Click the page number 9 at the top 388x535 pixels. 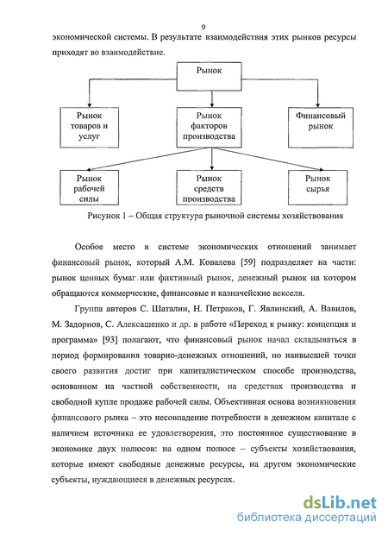[203, 27]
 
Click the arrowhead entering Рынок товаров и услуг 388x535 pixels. [90, 105]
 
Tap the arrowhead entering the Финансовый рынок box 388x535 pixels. [318, 105]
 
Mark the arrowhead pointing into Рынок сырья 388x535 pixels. [320, 169]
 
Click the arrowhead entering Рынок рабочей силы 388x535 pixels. [88, 169]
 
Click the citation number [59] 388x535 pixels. [247, 262]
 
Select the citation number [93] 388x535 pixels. [110, 340]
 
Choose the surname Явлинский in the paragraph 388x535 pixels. [281, 309]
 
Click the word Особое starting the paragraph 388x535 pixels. [89, 247]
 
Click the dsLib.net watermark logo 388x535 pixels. [340, 502]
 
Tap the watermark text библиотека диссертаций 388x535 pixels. [307, 518]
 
